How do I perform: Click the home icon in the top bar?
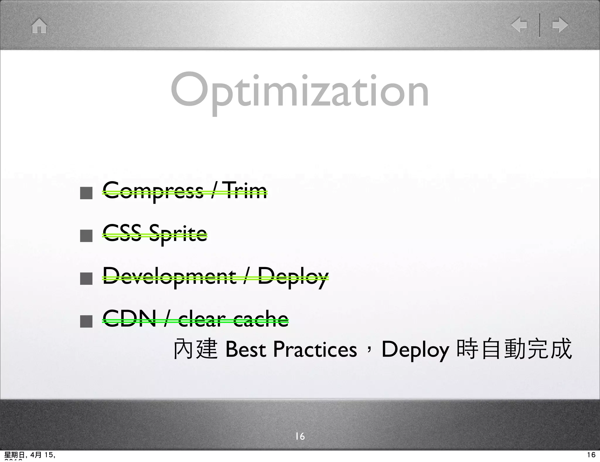(39, 26)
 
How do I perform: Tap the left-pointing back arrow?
(519, 25)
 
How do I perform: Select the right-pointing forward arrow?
(560, 25)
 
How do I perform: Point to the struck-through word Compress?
(153, 191)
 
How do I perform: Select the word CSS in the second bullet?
(122, 233)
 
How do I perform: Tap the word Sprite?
(178, 234)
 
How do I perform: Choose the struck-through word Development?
(169, 277)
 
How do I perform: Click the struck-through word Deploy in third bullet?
(293, 277)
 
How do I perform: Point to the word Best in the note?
(246, 349)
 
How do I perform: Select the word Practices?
(315, 349)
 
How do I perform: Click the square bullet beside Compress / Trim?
(86, 193)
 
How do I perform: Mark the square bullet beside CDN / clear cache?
(86, 321)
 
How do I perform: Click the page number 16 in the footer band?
(300, 436)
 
